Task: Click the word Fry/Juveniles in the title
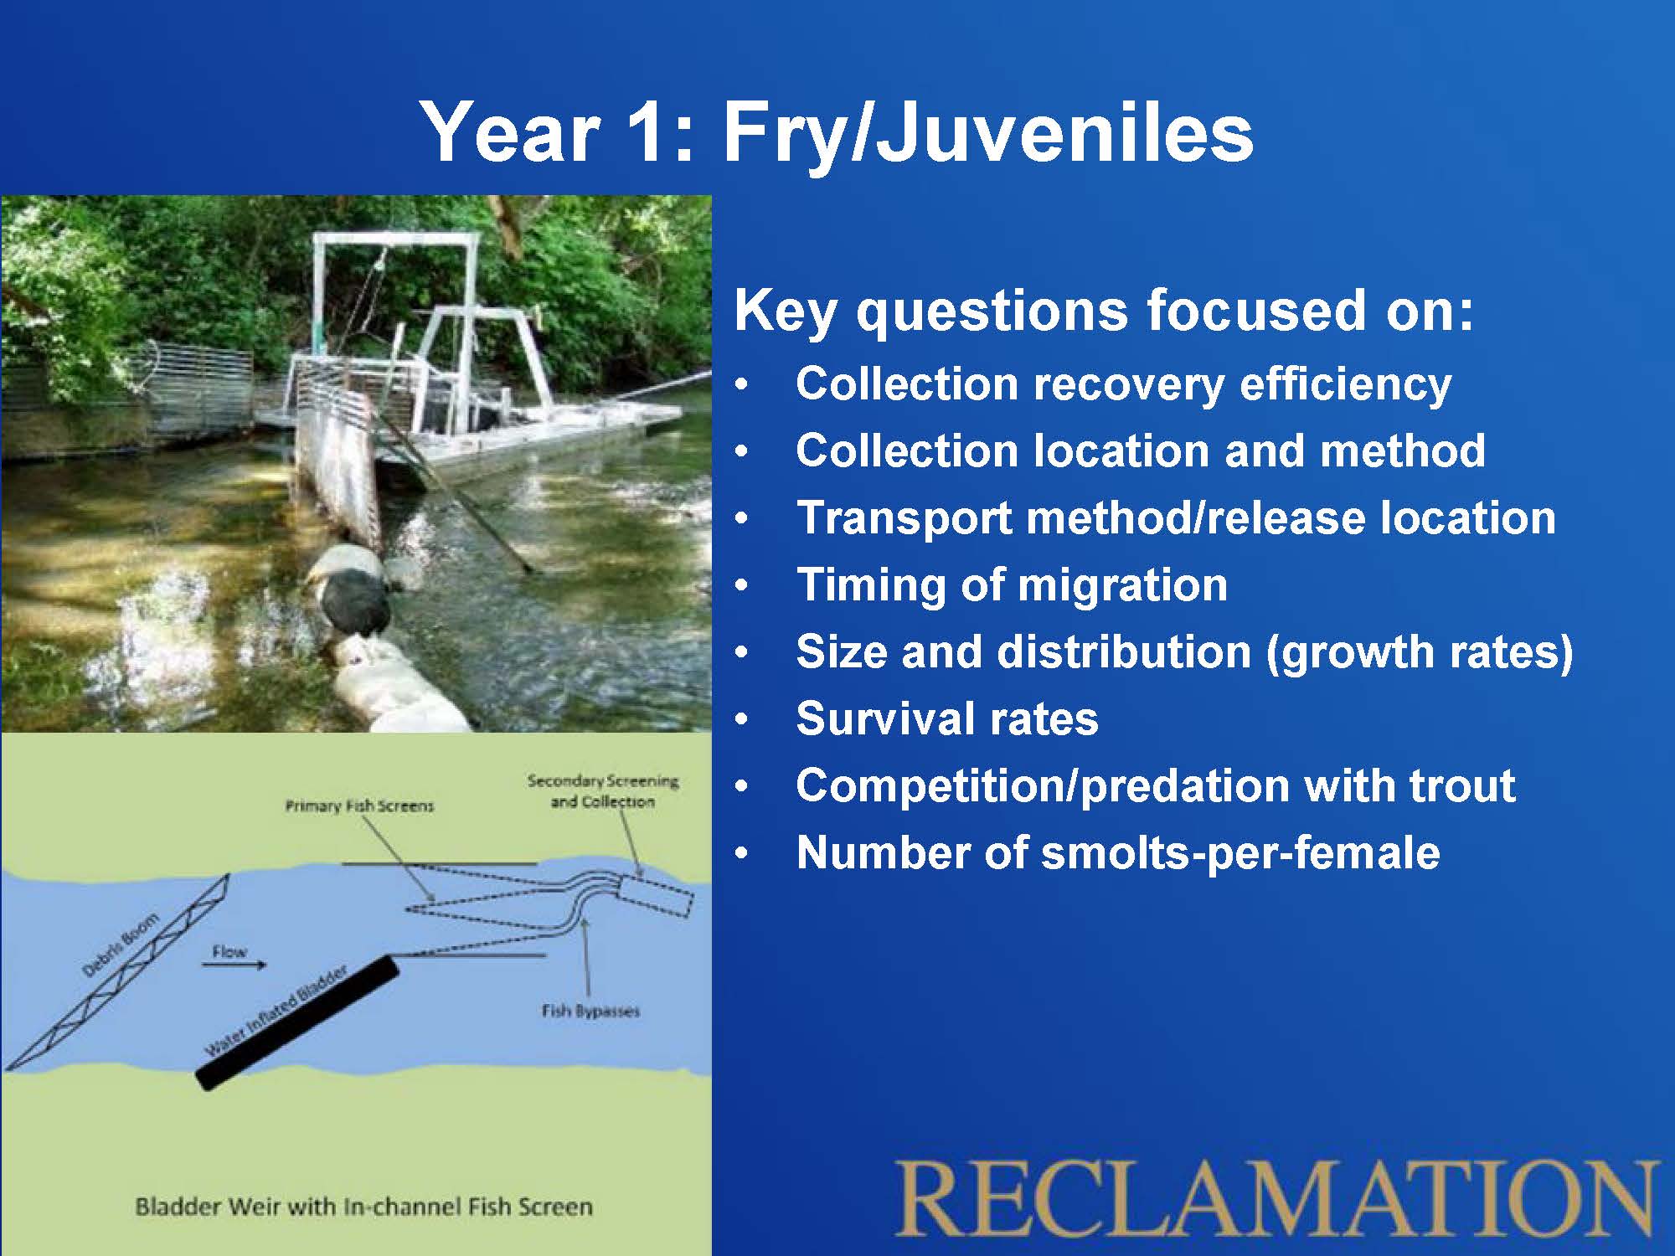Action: [x=987, y=133]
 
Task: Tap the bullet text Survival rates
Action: [x=947, y=718]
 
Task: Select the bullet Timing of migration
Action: [x=1012, y=584]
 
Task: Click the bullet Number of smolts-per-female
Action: [x=1118, y=852]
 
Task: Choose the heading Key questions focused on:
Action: [x=1103, y=311]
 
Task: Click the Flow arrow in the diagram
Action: [x=234, y=965]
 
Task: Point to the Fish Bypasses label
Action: [x=590, y=1011]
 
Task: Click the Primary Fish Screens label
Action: [x=359, y=806]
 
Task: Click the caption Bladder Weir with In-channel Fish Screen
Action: [x=363, y=1207]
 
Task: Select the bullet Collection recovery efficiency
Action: [x=1124, y=383]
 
